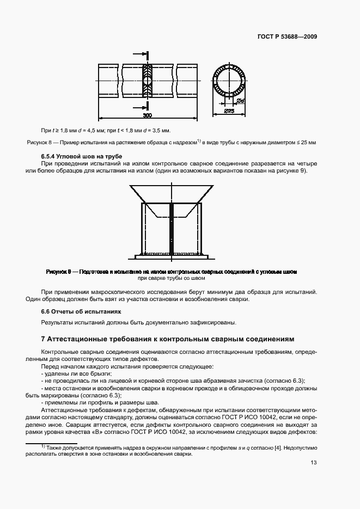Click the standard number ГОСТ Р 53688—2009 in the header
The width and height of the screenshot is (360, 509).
click(x=287, y=37)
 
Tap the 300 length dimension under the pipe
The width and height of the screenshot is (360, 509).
click(x=147, y=115)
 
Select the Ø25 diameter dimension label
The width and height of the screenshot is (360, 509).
click(x=229, y=111)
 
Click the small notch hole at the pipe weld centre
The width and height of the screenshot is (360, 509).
click(x=147, y=81)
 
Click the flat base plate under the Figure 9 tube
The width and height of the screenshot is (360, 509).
click(x=172, y=256)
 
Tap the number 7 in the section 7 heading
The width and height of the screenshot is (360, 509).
click(x=44, y=339)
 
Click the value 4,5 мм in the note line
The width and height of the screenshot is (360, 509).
click(x=100, y=131)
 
